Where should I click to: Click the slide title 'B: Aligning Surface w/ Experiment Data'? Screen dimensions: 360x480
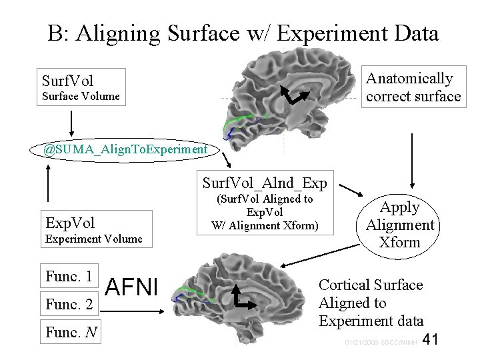pos(243,33)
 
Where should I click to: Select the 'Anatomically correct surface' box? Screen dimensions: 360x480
pos(413,87)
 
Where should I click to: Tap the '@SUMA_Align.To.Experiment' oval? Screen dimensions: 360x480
pos(125,149)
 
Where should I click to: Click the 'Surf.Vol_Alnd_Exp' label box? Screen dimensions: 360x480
pos(265,183)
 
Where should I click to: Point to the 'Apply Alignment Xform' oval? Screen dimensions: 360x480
pos(399,225)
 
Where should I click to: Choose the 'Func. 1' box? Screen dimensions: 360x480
pos(70,275)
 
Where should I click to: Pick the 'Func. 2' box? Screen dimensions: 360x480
pos(70,303)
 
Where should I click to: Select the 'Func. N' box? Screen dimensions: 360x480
pos(70,331)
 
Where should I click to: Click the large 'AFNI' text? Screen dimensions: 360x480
pos(131,287)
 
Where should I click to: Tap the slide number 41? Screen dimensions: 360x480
pos(430,340)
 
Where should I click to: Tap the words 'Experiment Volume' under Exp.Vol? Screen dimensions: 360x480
pos(93,239)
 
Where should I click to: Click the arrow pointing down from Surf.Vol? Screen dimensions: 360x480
pos(72,122)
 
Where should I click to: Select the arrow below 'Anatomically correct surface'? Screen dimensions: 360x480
pos(413,147)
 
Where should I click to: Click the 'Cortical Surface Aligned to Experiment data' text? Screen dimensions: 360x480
pos(371,303)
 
